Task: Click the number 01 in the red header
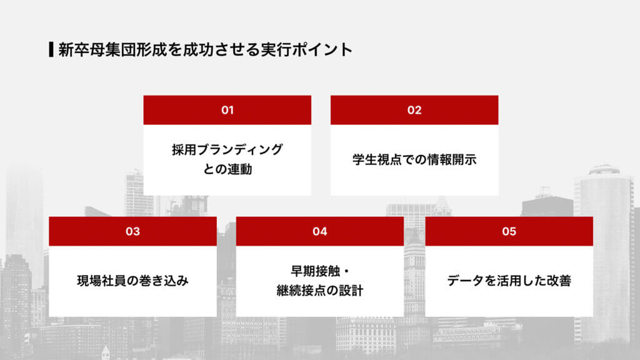(x=227, y=110)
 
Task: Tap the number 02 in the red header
(x=414, y=110)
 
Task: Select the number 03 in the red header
(x=132, y=231)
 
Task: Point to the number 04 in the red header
(x=320, y=231)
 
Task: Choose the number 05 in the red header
(x=509, y=231)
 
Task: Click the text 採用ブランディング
(x=227, y=150)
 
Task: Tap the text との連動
(x=227, y=169)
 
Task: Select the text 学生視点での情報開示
(x=414, y=159)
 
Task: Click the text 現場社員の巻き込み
(x=132, y=281)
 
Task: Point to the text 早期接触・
(x=320, y=271)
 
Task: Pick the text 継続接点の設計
(x=320, y=291)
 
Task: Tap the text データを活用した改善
(x=509, y=281)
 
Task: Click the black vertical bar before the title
(x=50, y=49)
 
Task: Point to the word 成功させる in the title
(x=214, y=49)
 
